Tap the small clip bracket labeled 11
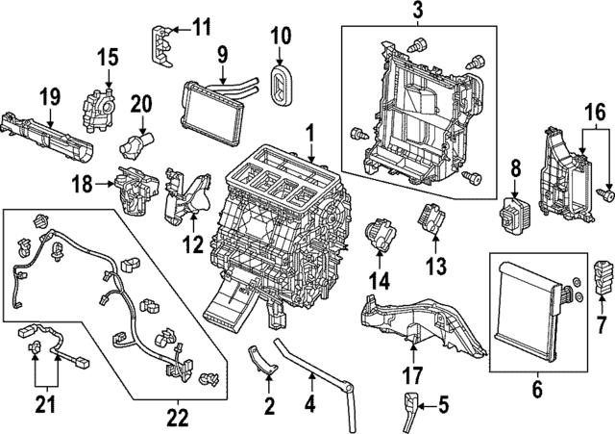point(164,38)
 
